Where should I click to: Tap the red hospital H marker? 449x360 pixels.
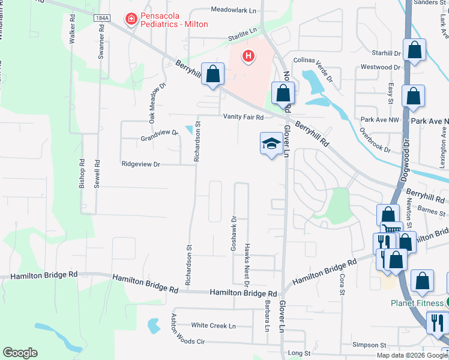(x=248, y=57)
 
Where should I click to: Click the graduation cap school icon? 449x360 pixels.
(x=271, y=143)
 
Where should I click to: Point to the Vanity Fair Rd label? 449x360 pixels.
(x=244, y=117)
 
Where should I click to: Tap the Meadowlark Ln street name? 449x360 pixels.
(x=234, y=10)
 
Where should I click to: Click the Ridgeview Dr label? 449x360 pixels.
(x=141, y=164)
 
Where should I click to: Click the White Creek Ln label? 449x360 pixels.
(x=213, y=325)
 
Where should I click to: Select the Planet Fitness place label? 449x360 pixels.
(x=414, y=303)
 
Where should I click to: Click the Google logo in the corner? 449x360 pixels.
(x=20, y=352)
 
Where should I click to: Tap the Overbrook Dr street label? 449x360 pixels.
(x=375, y=139)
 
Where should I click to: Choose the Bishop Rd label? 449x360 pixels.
(x=82, y=175)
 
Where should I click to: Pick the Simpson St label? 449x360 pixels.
(x=370, y=345)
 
